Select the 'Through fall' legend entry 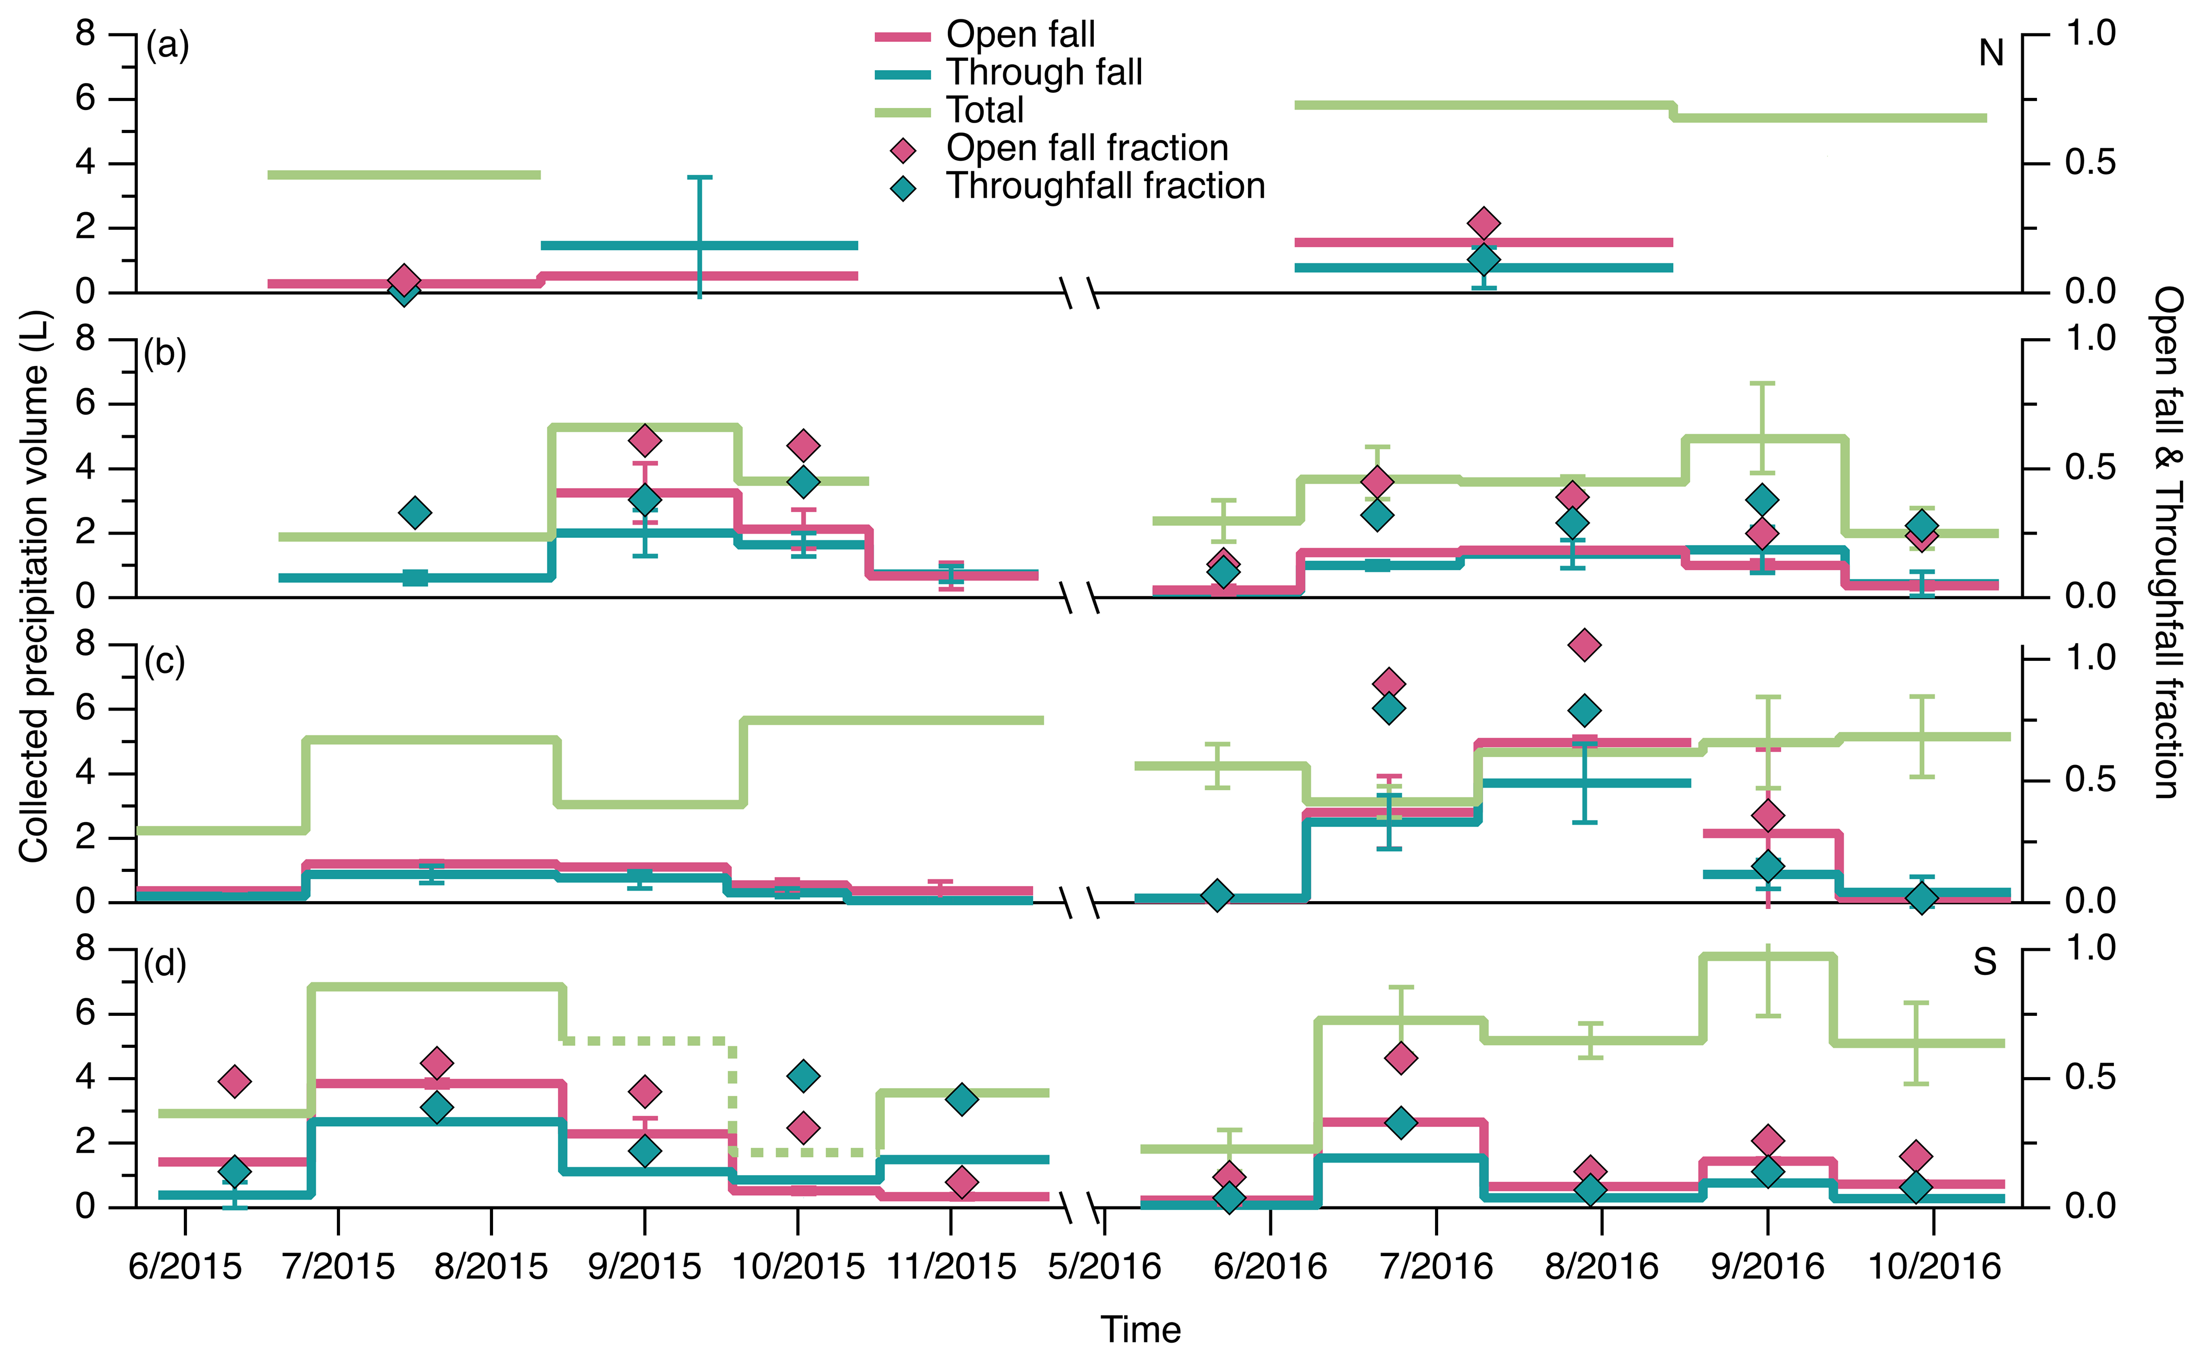click(x=1044, y=73)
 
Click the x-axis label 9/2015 click(x=644, y=1267)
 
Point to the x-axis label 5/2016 click(x=1105, y=1267)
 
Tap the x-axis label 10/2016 click(x=1934, y=1267)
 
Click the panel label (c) click(x=165, y=662)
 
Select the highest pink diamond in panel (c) click(x=1584, y=645)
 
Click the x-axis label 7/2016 click(x=1436, y=1267)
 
